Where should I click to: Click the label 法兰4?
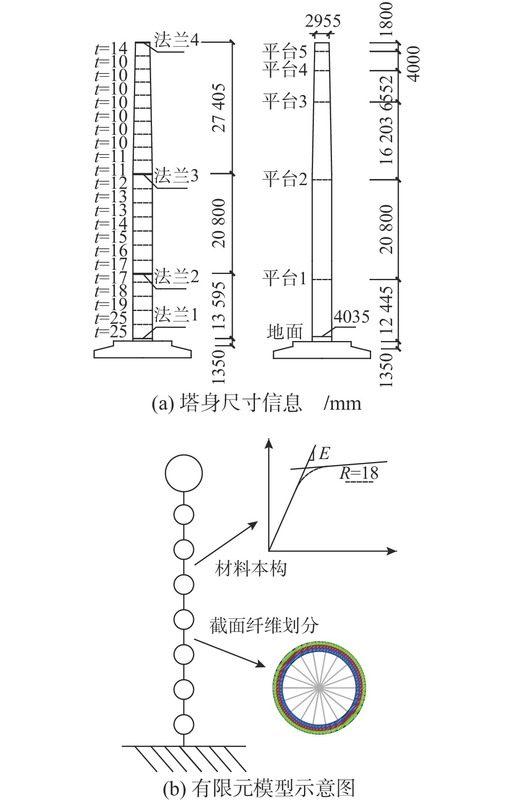[176, 40]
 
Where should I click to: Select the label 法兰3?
[176, 176]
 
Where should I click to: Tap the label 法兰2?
[176, 276]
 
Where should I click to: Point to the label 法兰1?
[176, 315]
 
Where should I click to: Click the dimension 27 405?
[219, 108]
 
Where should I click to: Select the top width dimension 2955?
[323, 21]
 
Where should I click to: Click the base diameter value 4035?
[351, 317]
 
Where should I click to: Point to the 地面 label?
[285, 332]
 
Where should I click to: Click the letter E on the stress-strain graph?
[324, 454]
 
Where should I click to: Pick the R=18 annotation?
[359, 473]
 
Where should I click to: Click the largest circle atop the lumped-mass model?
[184, 473]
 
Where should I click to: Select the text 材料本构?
[250, 569]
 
